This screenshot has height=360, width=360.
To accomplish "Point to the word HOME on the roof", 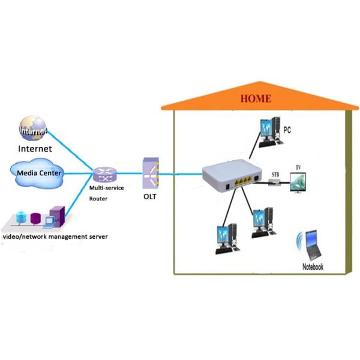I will pyautogui.click(x=256, y=99).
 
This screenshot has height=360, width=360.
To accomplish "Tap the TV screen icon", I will pyautogui.click(x=298, y=182).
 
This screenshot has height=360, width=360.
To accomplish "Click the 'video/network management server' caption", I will pyautogui.click(x=55, y=237).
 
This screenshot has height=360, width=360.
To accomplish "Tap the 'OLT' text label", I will pyautogui.click(x=149, y=196).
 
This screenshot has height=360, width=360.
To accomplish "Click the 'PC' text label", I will pyautogui.click(x=287, y=128).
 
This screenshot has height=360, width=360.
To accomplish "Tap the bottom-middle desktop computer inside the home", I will pyautogui.click(x=262, y=223).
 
